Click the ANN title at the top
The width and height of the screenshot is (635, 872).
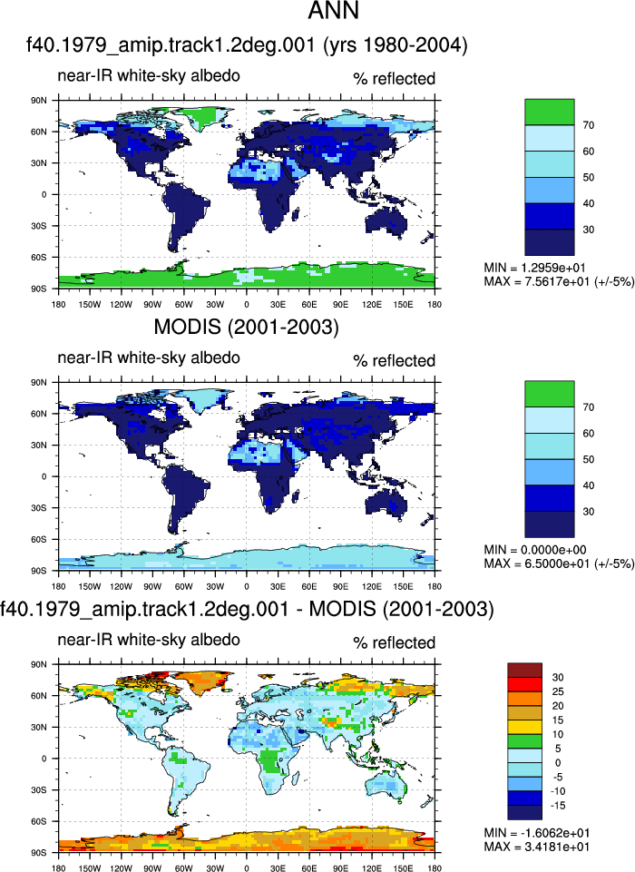point(334,11)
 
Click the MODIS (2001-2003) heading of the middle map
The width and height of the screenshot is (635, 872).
point(247,327)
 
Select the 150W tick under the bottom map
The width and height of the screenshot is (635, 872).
point(90,868)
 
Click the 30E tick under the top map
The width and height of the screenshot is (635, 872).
point(278,304)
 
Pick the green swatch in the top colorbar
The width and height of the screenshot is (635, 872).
point(550,112)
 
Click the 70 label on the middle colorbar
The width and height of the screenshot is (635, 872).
point(589,407)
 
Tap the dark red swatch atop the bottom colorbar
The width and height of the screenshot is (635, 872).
point(524,671)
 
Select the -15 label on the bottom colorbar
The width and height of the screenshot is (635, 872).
point(558,806)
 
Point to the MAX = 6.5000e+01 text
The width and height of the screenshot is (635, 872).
point(559,563)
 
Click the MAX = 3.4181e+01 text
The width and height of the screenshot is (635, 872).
point(537,847)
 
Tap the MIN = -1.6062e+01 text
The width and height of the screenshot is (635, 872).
point(537,833)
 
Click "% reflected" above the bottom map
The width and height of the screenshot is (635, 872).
point(395,642)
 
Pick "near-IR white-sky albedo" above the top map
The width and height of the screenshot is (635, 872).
point(149,75)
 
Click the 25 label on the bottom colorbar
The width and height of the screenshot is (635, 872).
point(558,691)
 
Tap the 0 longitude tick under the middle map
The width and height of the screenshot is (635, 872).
point(247,586)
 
